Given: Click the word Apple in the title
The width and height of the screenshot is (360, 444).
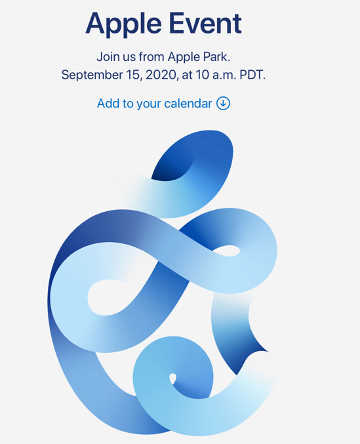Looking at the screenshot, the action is point(123,25).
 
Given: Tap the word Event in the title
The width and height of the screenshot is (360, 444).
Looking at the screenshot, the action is point(205,23).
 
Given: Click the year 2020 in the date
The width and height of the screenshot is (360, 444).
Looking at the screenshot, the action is point(162,75).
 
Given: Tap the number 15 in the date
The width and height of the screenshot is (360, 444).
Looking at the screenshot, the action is point(134,75).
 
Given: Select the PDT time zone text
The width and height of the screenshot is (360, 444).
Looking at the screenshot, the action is point(252,75).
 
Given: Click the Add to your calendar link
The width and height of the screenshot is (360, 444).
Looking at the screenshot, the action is point(163,104).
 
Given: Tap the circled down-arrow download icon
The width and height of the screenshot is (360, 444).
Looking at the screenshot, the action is point(224,104).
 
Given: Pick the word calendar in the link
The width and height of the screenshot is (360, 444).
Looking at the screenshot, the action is point(188,104).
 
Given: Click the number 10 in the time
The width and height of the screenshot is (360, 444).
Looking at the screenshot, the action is point(203,75).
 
